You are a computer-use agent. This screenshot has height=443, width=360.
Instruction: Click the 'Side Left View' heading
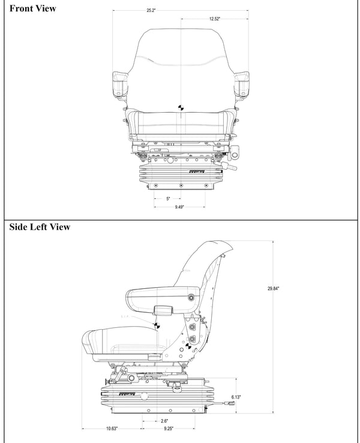point(40,227)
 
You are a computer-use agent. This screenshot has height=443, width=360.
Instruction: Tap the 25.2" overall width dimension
point(151,11)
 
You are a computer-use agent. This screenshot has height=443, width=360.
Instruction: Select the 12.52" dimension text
point(214,19)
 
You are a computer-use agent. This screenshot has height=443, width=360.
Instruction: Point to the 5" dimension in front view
point(168,198)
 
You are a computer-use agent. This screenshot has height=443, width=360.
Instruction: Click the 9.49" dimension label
point(179,207)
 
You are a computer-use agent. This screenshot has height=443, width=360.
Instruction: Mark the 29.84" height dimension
point(273,288)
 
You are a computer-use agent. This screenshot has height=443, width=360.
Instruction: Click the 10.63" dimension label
point(112,429)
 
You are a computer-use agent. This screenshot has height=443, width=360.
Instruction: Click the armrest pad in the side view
point(156,296)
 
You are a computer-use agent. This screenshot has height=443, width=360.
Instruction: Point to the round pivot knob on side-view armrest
point(191,298)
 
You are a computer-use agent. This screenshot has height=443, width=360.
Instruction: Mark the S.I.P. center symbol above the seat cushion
point(157,326)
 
